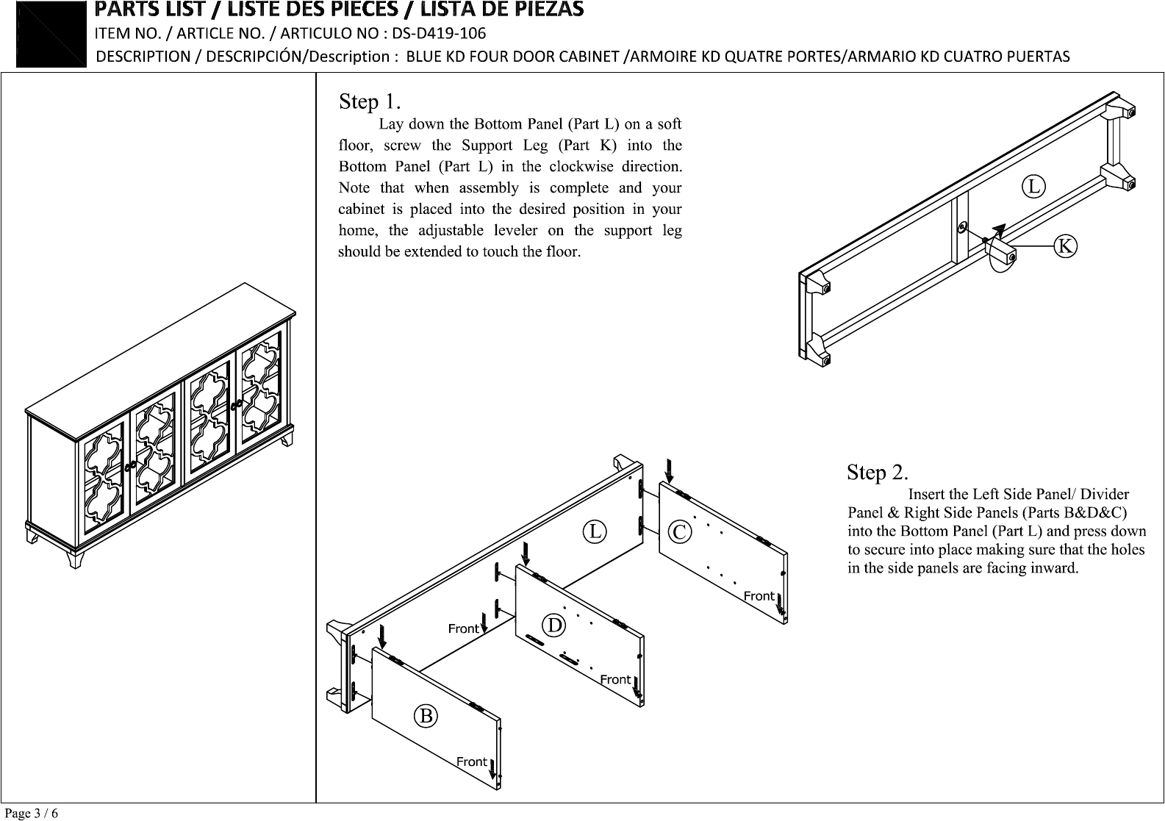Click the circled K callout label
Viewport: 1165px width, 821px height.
coord(1065,246)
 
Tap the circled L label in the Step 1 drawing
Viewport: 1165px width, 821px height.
coord(1033,186)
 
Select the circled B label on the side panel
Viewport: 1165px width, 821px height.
coord(426,716)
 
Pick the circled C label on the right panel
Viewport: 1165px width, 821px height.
coord(679,532)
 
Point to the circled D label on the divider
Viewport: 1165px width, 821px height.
coord(554,625)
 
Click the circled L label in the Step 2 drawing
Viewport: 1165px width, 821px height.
coord(595,531)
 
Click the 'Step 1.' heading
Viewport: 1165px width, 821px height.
coord(370,101)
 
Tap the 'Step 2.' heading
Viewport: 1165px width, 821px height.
coord(878,472)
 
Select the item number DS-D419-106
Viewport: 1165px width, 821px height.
coord(439,33)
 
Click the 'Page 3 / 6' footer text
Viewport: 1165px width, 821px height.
coord(31,813)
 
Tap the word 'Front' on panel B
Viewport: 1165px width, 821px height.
coord(472,761)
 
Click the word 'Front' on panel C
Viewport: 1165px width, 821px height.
coord(759,596)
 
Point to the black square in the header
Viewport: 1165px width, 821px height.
coord(51,35)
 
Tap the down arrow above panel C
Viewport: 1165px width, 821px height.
coord(670,470)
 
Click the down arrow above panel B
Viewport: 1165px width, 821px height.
coord(382,637)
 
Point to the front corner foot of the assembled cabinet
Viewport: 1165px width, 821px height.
coord(75,559)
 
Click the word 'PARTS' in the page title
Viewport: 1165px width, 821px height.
coord(123,9)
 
